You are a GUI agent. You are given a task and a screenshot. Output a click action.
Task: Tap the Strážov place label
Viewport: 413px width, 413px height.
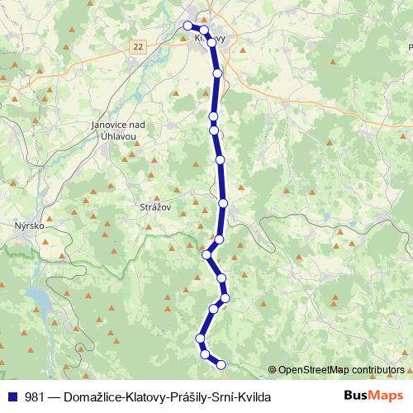(x=154, y=208)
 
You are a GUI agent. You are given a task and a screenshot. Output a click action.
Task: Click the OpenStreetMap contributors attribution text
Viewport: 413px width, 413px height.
(x=341, y=369)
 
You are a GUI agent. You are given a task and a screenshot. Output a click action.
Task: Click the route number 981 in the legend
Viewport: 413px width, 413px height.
(x=36, y=396)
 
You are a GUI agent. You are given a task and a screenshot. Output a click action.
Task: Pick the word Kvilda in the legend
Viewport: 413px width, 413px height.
(x=253, y=396)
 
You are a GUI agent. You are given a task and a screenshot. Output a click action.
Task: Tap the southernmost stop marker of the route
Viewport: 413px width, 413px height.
(x=221, y=363)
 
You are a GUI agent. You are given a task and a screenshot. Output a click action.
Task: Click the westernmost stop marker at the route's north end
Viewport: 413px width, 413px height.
(x=188, y=26)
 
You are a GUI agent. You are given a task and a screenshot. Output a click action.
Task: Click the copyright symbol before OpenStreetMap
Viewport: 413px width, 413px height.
(x=273, y=369)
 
